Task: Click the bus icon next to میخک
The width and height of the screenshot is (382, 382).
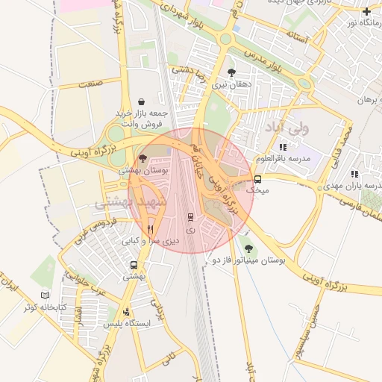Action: click(257, 179)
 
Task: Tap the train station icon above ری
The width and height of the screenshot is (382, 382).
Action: click(190, 218)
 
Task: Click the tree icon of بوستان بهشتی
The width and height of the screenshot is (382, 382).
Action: click(143, 158)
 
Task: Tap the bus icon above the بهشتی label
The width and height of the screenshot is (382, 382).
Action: click(134, 265)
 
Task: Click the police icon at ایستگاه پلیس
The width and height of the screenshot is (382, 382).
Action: click(126, 312)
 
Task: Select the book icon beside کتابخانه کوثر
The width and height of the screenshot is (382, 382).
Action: click(46, 295)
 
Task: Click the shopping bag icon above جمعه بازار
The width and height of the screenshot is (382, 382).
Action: click(142, 101)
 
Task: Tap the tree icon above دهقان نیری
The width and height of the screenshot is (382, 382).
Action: click(231, 72)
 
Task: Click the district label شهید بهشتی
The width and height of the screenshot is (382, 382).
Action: click(119, 201)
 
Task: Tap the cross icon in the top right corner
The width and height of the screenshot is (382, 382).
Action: click(366, 11)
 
